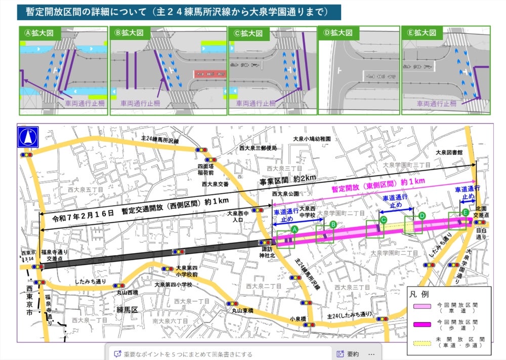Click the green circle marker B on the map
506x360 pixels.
(x=333, y=224)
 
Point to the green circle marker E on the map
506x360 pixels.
(x=465, y=212)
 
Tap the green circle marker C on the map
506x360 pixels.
(x=384, y=219)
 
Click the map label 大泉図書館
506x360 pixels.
(x=450, y=152)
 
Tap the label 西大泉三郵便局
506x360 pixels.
(x=259, y=148)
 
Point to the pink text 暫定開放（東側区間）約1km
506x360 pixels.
(x=377, y=184)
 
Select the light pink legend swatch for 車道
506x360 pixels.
(x=421, y=307)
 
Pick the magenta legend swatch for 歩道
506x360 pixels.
(x=421, y=324)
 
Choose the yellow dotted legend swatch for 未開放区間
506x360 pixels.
(x=421, y=342)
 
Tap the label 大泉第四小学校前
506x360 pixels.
(x=188, y=271)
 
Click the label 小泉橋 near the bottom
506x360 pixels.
(x=298, y=319)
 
